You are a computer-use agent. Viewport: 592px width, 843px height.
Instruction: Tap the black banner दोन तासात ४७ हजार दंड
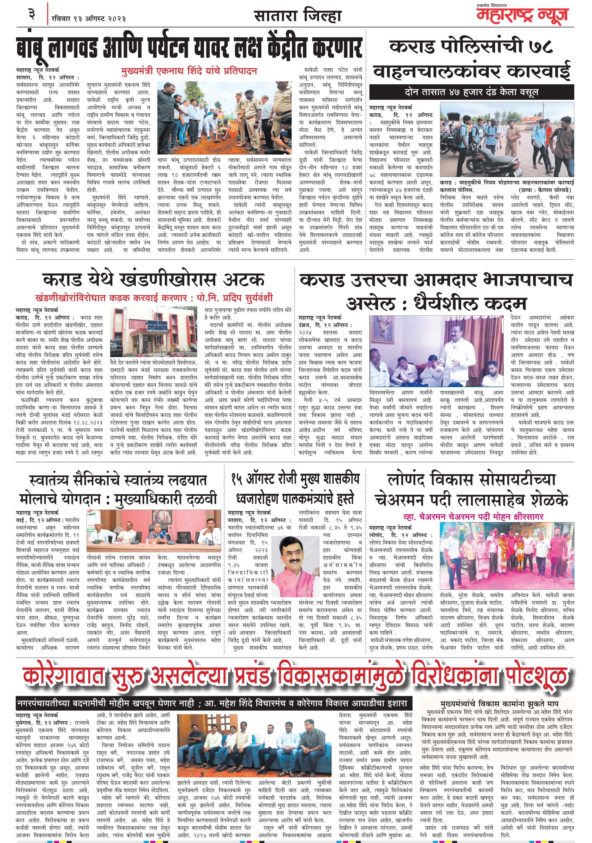pos(471,92)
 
